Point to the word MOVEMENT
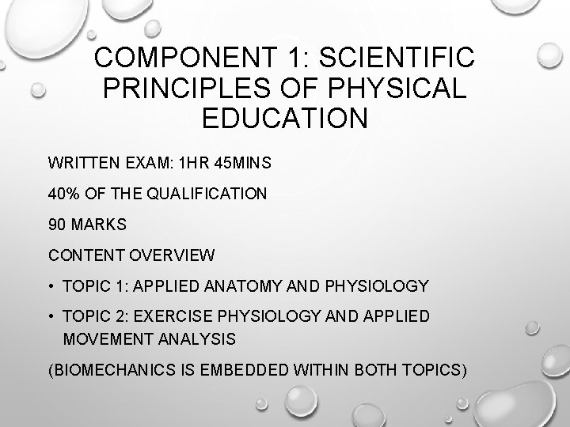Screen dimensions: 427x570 click(x=103, y=338)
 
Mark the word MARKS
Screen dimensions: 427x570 click(x=98, y=225)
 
